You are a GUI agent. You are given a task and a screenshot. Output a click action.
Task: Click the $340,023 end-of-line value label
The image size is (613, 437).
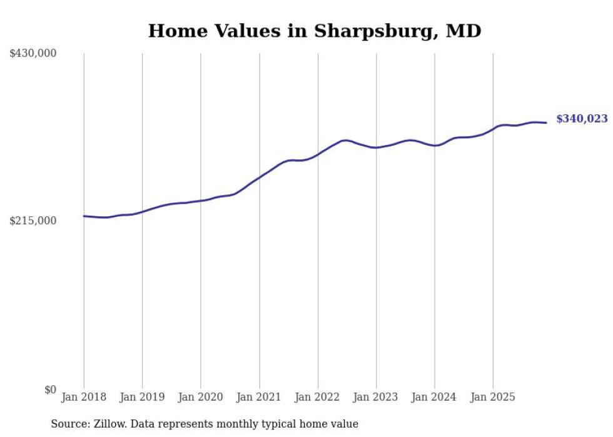581,119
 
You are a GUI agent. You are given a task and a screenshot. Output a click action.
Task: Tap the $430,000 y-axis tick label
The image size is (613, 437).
33,54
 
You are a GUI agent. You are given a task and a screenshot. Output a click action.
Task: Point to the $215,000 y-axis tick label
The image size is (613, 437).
33,221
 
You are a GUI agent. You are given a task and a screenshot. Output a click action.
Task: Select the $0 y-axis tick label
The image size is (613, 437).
50,389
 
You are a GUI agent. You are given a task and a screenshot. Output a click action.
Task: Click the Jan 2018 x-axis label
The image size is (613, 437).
84,397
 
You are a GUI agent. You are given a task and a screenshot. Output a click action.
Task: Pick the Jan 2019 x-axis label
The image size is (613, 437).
142,397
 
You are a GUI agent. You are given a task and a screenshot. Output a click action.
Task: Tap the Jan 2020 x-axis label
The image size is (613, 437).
201,397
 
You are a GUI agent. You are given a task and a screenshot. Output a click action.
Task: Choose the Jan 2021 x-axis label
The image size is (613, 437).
259,397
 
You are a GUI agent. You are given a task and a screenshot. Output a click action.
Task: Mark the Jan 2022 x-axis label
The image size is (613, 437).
318,397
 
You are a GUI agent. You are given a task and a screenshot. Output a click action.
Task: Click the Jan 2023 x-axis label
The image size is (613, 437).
376,397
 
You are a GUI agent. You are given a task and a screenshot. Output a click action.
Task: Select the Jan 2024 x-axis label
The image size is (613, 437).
435,397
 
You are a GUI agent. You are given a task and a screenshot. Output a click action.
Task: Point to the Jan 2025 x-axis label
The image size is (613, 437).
493,397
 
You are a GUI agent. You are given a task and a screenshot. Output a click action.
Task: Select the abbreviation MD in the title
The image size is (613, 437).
464,31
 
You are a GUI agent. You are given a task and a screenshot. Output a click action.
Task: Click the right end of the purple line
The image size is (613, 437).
546,123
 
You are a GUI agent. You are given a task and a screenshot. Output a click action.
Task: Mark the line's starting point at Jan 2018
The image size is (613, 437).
84,216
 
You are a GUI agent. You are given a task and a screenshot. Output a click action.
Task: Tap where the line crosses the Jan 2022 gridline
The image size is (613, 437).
318,154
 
